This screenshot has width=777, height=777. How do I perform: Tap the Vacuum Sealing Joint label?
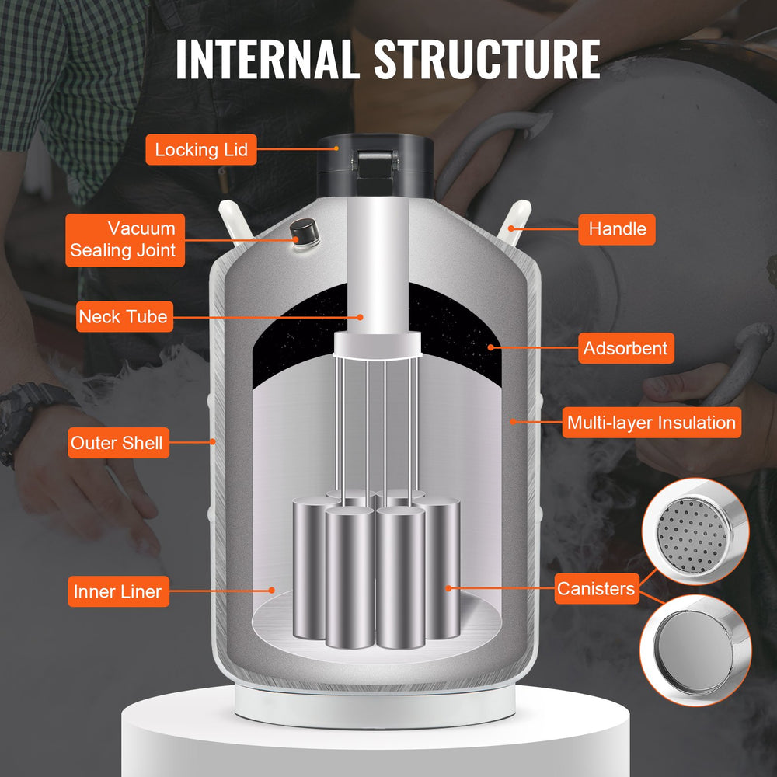coord(125,240)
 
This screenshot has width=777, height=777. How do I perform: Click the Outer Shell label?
coord(117,443)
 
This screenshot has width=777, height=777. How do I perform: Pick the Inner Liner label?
coord(117,591)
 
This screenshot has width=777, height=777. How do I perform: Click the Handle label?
coord(617,228)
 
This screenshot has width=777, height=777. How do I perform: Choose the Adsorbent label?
coord(625,348)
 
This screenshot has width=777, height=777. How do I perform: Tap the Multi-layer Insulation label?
coord(651,423)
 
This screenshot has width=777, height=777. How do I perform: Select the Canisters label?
coord(596,589)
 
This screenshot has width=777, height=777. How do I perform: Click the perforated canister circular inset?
coord(694,531)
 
